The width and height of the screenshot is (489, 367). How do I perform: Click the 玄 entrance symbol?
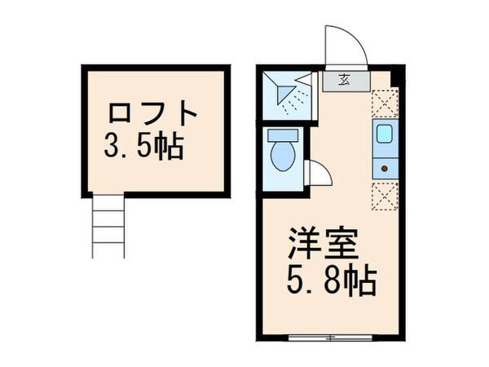(345, 80)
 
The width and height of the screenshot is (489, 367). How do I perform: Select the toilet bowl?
(284, 155)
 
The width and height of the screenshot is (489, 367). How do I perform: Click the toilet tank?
(284, 135)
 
